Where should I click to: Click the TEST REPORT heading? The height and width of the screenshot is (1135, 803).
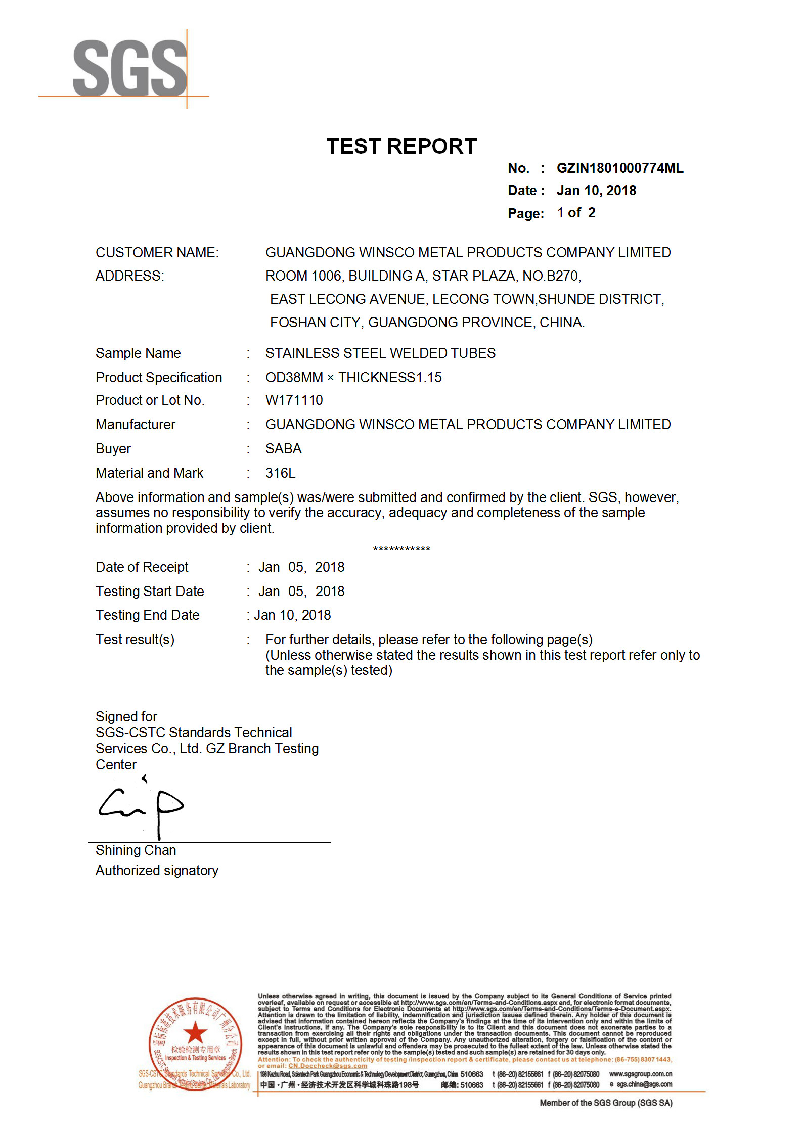pyautogui.click(x=401, y=147)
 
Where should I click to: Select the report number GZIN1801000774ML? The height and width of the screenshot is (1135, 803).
pyautogui.click(x=619, y=168)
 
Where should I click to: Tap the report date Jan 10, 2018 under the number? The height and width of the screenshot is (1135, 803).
pyautogui.click(x=596, y=191)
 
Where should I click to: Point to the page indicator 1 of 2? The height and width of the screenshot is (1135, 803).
pyautogui.click(x=576, y=213)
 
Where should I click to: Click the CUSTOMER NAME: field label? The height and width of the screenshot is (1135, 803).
pyautogui.click(x=157, y=253)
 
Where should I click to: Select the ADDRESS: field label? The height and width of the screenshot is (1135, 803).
pyautogui.click(x=130, y=276)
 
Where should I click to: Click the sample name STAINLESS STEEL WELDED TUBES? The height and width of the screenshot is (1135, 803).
pyautogui.click(x=380, y=353)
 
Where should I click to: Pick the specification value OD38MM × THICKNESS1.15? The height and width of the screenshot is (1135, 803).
pyautogui.click(x=353, y=378)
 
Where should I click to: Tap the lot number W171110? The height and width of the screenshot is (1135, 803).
pyautogui.click(x=294, y=400)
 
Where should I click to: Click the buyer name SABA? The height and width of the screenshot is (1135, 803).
pyautogui.click(x=283, y=449)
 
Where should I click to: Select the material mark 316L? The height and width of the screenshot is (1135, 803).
pyautogui.click(x=280, y=473)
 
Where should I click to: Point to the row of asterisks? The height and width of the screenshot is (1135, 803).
pyautogui.click(x=401, y=549)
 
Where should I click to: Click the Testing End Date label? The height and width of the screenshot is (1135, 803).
pyautogui.click(x=148, y=615)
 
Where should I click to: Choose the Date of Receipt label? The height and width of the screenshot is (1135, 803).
pyautogui.click(x=142, y=567)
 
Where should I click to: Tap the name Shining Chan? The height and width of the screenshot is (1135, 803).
pyautogui.click(x=136, y=850)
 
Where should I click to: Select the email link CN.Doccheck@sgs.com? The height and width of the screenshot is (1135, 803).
pyautogui.click(x=328, y=1066)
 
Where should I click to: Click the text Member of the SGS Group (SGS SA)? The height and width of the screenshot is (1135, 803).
pyautogui.click(x=606, y=1103)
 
